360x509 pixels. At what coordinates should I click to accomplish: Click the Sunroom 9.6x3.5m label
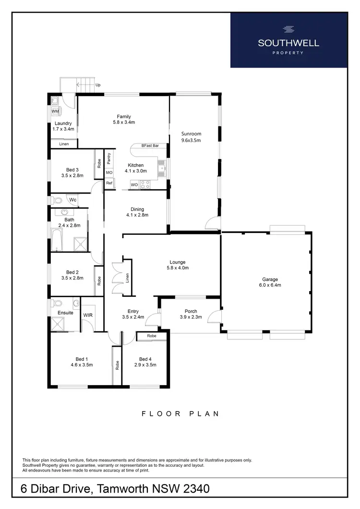(191, 137)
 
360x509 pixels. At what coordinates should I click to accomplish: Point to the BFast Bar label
(150, 145)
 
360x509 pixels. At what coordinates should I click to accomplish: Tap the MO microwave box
(109, 172)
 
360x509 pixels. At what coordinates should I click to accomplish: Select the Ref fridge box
(109, 183)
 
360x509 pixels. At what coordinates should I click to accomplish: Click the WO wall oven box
(134, 184)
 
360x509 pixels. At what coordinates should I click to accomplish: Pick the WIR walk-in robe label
(88, 315)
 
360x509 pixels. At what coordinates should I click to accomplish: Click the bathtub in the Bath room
(56, 240)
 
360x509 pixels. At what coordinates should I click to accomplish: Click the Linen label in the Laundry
(64, 144)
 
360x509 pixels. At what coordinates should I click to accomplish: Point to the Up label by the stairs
(98, 85)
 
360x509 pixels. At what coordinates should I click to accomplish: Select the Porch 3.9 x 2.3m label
(191, 314)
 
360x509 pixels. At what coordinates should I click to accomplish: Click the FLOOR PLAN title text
(180, 413)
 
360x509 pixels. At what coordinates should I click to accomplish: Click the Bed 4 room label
(145, 362)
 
